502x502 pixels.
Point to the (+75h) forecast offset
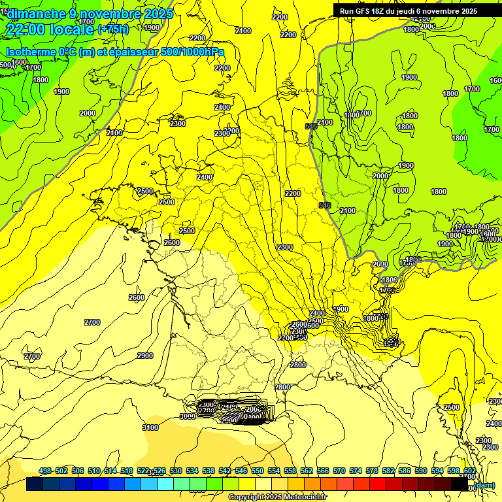(x=113, y=29)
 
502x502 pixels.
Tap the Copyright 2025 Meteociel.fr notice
(x=277, y=497)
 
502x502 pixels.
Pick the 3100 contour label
(x=150, y=427)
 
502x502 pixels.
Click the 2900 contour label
(x=145, y=356)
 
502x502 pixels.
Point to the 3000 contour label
(x=188, y=416)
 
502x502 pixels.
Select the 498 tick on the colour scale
(x=45, y=471)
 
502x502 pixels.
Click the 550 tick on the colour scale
(x=258, y=471)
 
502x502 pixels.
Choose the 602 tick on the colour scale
(x=470, y=471)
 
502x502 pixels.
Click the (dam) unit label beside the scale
(x=484, y=485)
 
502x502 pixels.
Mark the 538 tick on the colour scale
(x=209, y=471)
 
